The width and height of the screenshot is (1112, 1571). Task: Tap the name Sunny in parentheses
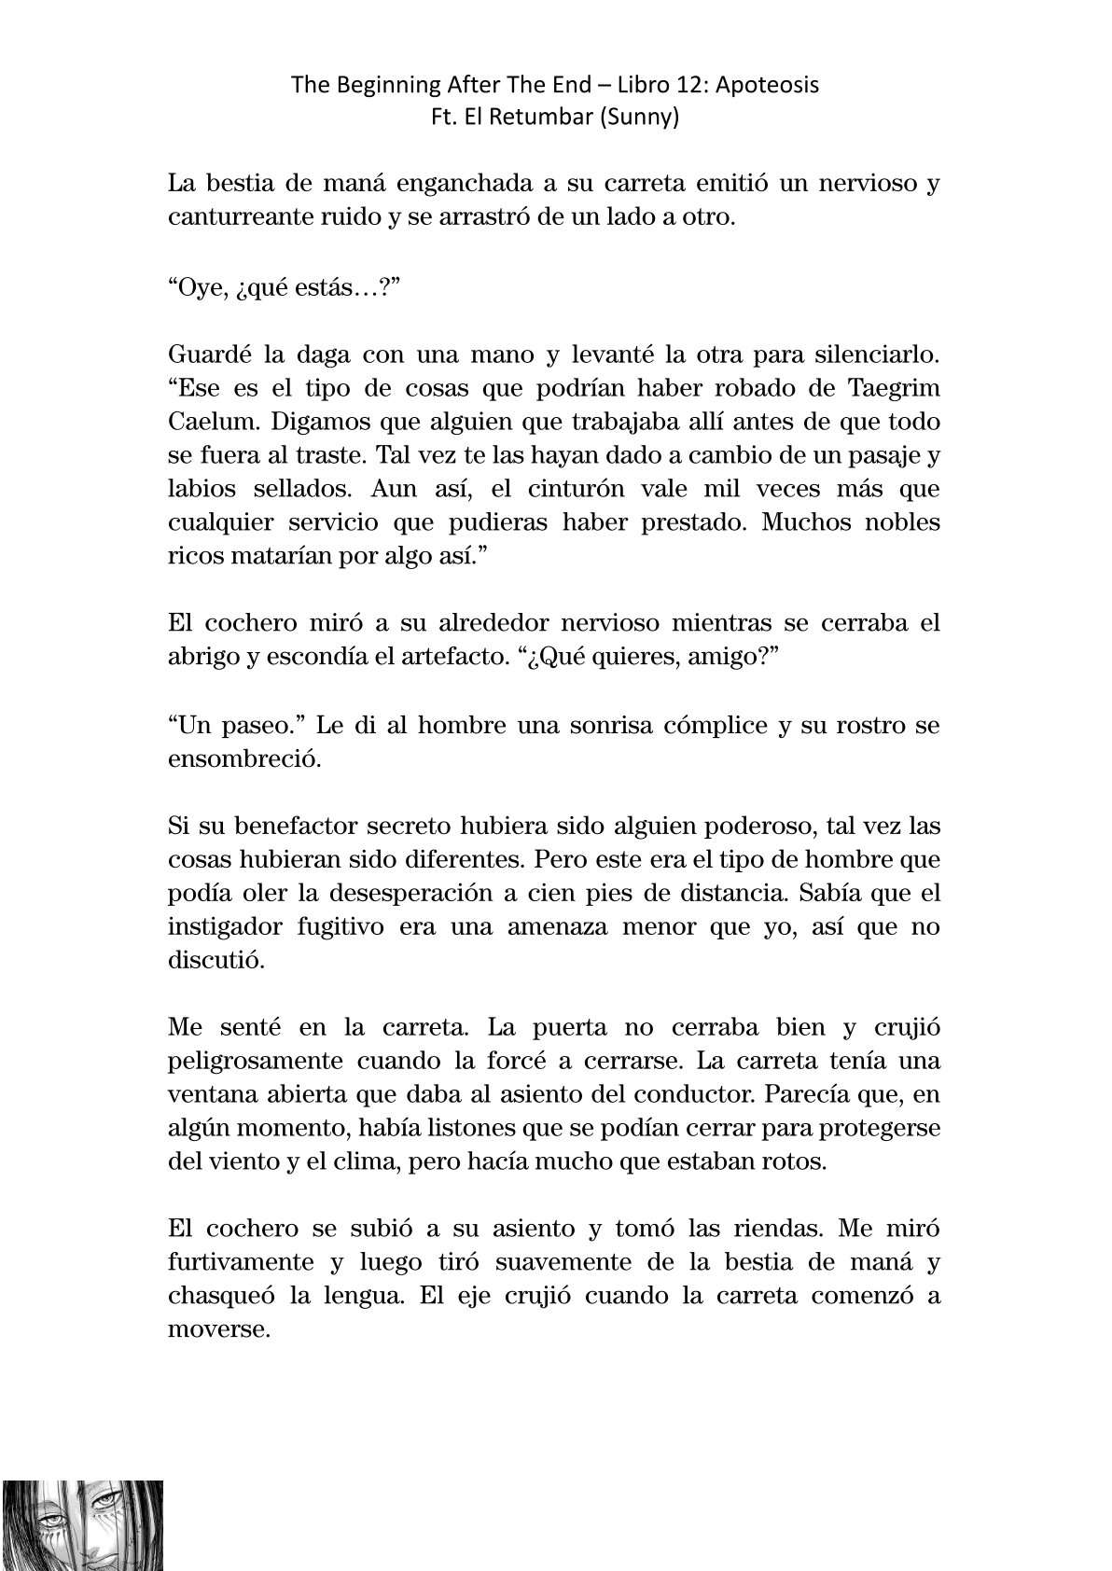pyautogui.click(x=644, y=118)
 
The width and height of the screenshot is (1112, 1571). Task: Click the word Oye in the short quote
pyautogui.click(x=201, y=285)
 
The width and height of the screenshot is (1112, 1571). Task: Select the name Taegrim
pyautogui.click(x=895, y=388)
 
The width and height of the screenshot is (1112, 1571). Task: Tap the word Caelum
pyautogui.click(x=213, y=422)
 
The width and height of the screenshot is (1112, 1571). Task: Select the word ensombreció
pyautogui.click(x=243, y=758)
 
